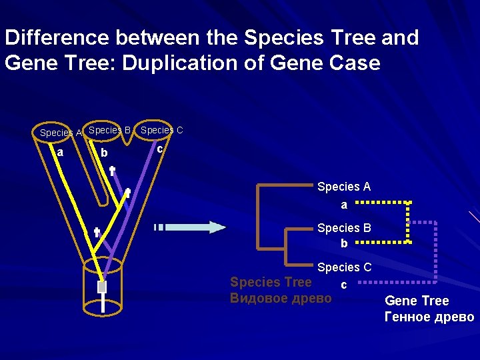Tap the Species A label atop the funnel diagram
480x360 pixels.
click(60, 133)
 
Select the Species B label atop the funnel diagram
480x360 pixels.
click(109, 130)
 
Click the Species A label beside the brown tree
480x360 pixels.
click(344, 187)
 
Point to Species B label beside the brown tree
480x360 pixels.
click(344, 228)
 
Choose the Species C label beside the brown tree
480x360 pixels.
click(344, 267)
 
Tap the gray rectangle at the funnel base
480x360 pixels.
click(102, 287)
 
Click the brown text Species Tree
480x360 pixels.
click(271, 282)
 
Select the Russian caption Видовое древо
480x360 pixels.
click(280, 298)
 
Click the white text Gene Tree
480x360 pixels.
click(417, 301)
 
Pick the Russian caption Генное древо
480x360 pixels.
click(429, 317)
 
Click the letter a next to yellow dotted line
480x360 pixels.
click(344, 205)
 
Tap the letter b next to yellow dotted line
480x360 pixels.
click(344, 244)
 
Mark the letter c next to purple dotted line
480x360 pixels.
click(343, 285)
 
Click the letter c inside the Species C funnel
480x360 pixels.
click(159, 149)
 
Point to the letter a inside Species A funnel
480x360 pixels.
click(60, 153)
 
